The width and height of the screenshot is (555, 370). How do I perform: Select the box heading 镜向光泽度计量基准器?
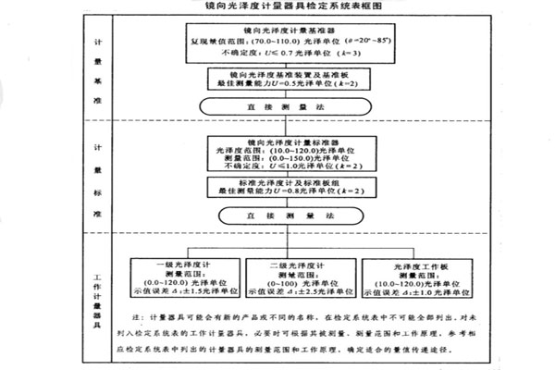point(277,31)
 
